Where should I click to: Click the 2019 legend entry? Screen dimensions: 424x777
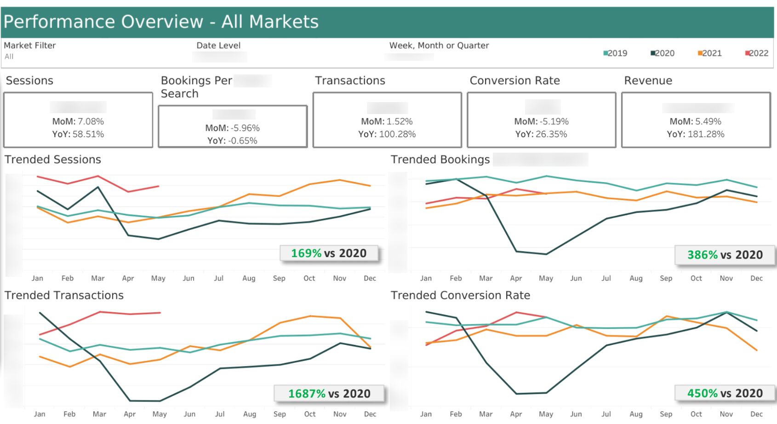615,53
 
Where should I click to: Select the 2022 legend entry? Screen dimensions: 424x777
757,53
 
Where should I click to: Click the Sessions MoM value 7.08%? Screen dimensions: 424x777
91,121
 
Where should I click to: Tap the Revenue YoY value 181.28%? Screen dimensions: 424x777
706,134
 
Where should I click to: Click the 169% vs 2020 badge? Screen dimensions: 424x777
329,253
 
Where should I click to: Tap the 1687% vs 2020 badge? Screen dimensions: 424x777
329,394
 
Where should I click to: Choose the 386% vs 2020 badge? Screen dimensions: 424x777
725,255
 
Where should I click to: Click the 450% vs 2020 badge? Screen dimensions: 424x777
725,393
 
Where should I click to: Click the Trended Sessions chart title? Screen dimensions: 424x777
53,160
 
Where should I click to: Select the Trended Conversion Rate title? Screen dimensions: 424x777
460,295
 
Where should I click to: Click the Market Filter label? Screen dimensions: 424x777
30,46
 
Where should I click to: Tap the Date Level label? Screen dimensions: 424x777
218,46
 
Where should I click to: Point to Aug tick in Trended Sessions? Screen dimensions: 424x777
249,278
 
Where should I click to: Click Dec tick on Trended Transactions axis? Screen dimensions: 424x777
370,414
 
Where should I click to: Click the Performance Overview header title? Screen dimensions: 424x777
161,22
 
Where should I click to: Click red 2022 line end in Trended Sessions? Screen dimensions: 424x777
159,186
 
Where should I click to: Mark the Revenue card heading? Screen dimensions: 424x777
648,80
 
